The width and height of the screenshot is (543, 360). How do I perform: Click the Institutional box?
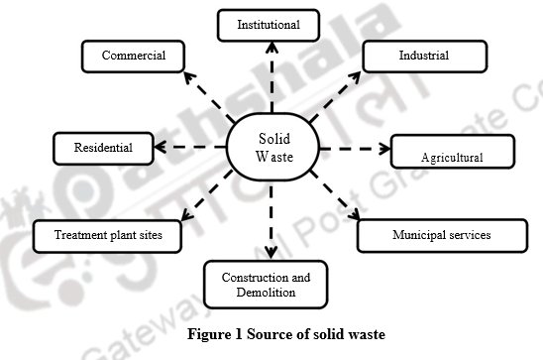pos(269,24)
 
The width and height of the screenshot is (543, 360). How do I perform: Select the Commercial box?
pos(133,56)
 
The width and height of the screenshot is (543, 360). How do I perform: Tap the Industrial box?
pos(423,56)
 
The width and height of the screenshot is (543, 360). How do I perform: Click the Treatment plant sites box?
pos(104,236)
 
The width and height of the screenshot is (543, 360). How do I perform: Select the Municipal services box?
pos(440,235)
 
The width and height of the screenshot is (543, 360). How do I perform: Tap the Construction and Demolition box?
pos(266,285)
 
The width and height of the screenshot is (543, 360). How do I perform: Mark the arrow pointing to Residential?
pos(192,149)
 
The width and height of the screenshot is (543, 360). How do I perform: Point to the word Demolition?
pos(266,293)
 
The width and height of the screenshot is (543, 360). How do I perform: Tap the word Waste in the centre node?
pos(274,157)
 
